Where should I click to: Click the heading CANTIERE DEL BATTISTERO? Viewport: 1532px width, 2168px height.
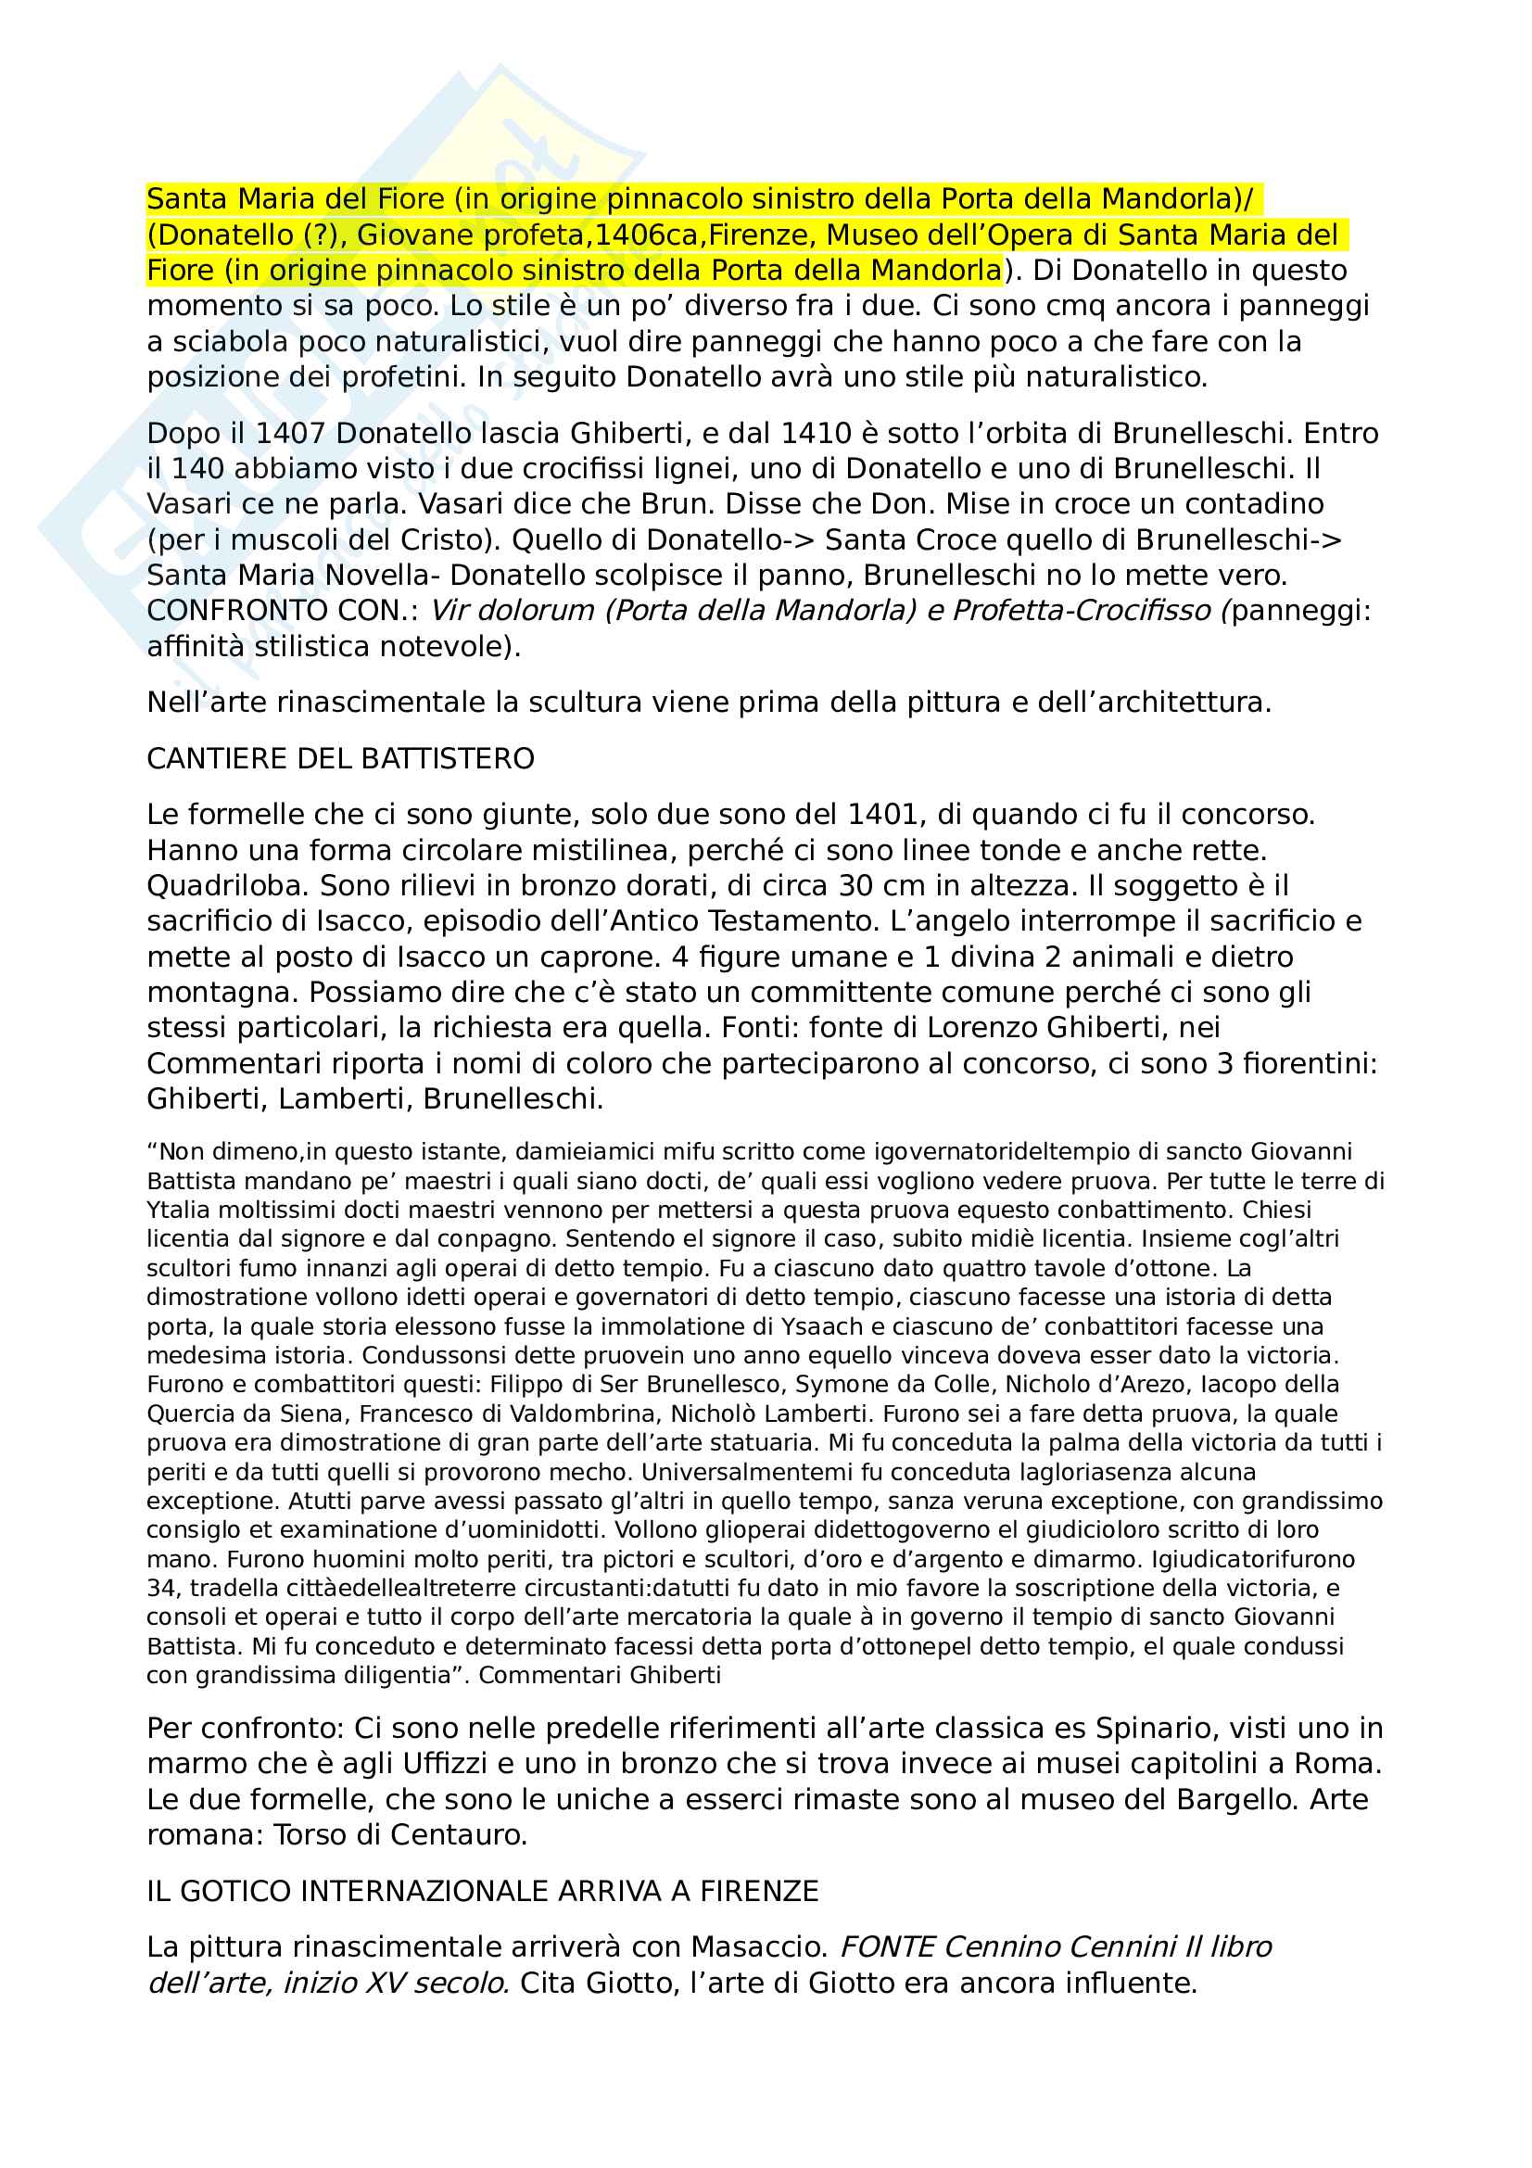coord(341,759)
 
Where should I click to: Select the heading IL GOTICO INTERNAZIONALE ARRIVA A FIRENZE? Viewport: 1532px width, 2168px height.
coord(482,1892)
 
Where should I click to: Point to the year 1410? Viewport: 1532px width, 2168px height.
coord(817,434)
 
